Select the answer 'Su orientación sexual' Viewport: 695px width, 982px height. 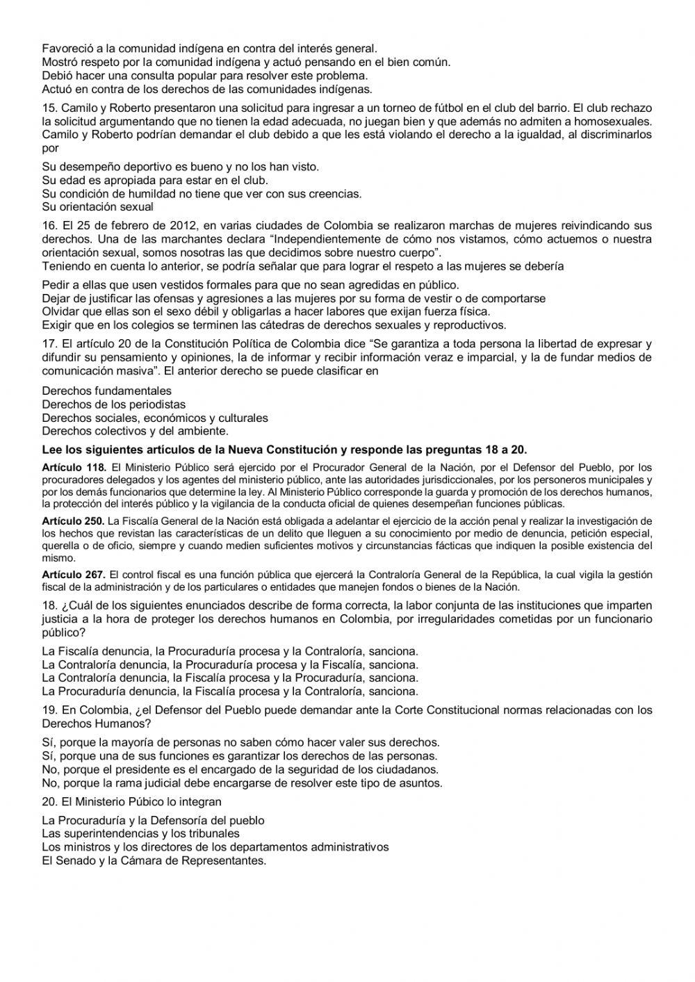(97, 207)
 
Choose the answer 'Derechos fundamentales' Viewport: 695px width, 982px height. (106, 391)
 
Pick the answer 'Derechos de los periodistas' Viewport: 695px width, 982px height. (113, 404)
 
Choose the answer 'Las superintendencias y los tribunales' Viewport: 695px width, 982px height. (140, 833)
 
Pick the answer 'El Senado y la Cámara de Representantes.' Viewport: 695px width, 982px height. (154, 860)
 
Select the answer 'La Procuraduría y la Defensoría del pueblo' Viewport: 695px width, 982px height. (153, 820)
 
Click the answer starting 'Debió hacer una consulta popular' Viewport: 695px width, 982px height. (205, 75)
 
